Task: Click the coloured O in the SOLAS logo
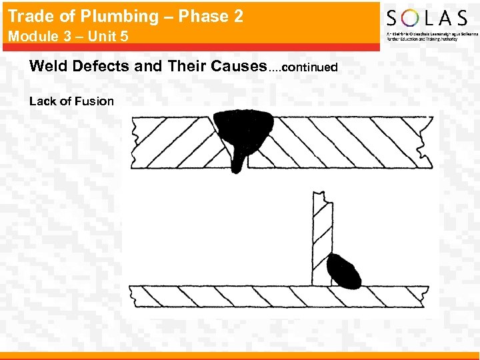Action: click(x=414, y=18)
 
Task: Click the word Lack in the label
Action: click(x=42, y=101)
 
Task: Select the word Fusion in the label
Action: click(x=96, y=101)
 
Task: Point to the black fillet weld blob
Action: click(x=345, y=271)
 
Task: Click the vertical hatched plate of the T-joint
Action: click(x=321, y=240)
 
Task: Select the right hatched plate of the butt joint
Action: click(x=340, y=141)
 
